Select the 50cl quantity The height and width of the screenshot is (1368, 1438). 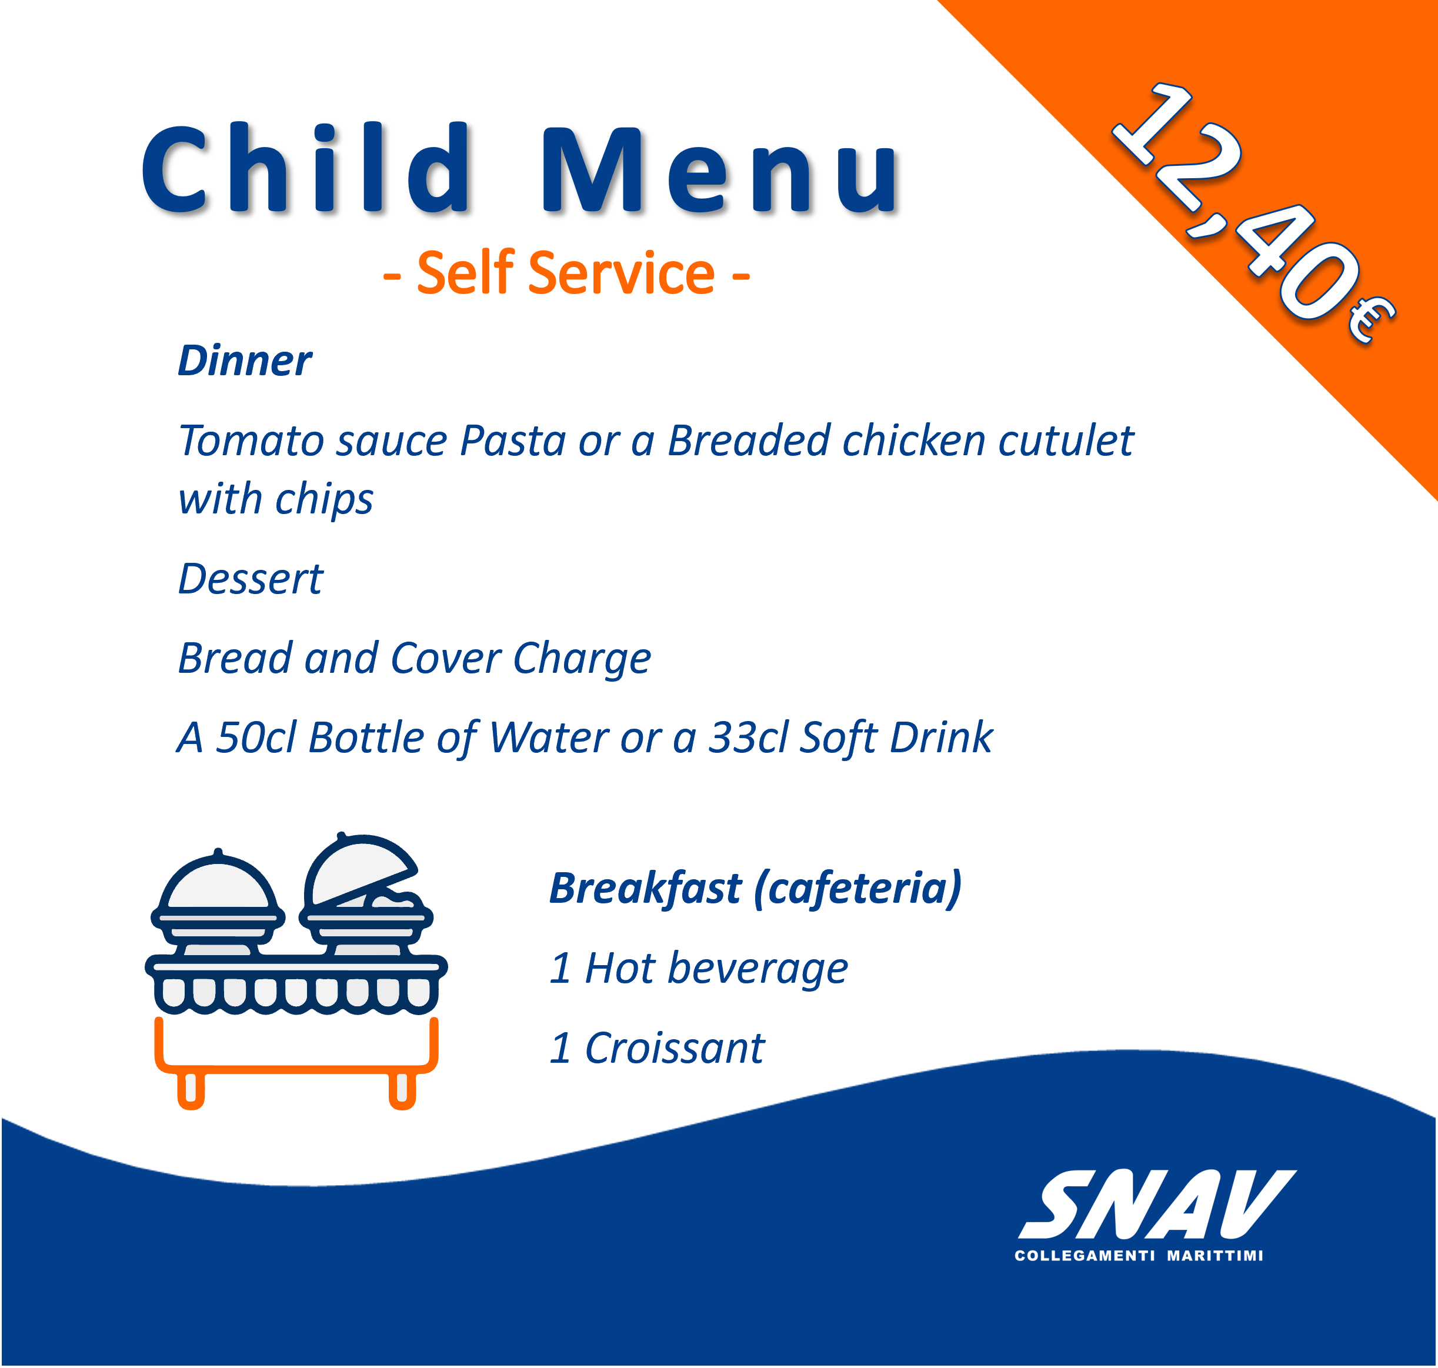point(256,738)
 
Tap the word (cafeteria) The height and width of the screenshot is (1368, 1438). point(858,890)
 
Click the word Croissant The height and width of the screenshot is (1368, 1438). point(675,1048)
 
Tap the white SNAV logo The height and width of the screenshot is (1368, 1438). point(1157,1204)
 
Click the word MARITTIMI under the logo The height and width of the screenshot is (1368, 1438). point(1215,1256)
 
